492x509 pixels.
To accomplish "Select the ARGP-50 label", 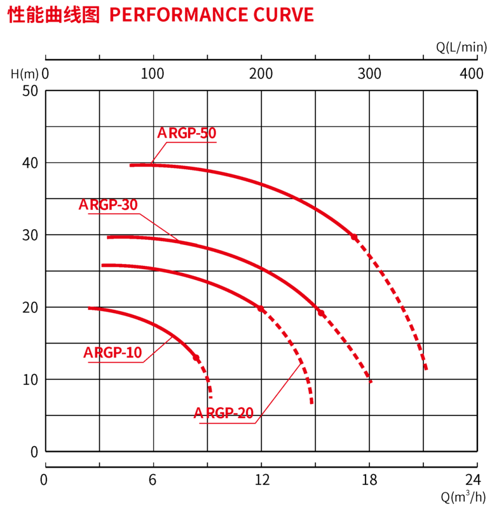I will tap(187, 134).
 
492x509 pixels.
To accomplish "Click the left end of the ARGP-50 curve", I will tap(131, 165).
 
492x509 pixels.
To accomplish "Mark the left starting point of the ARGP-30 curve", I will tap(108, 237).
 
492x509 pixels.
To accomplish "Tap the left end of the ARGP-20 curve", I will tap(104, 265).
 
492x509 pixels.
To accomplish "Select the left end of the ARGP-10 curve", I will tap(90, 309).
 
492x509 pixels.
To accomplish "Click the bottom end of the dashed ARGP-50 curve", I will tap(426, 368).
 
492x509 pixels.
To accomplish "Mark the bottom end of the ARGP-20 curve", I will tap(311, 403).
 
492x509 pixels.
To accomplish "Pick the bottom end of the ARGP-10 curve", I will tap(210, 396).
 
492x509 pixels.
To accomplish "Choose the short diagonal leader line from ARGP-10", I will tap(158, 350).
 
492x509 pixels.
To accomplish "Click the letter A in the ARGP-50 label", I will tap(162, 134).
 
